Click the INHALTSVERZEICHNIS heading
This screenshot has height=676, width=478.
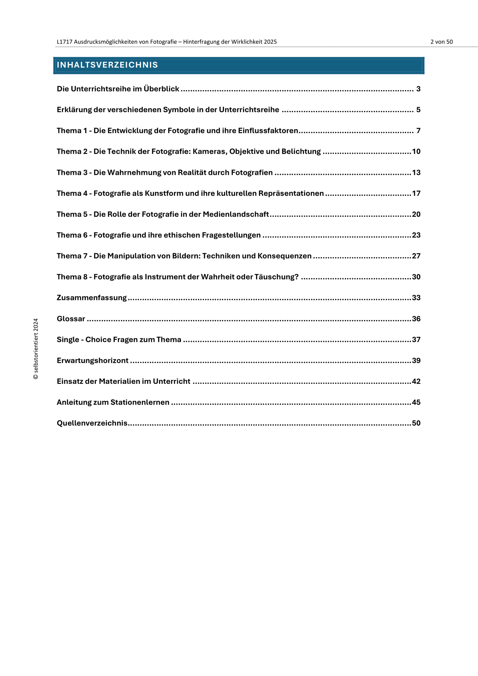(x=107, y=65)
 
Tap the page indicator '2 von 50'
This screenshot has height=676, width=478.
(x=441, y=42)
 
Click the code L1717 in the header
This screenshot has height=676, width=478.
(x=64, y=42)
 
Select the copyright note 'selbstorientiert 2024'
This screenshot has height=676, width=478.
(x=36, y=349)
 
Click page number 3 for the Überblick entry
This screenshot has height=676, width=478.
(x=418, y=89)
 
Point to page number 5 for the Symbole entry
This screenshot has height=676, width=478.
(x=418, y=110)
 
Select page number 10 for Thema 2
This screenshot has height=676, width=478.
(x=416, y=152)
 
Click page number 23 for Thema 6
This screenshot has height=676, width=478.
(x=416, y=235)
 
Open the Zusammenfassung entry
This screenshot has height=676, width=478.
(x=92, y=298)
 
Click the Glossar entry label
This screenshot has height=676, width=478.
(x=71, y=319)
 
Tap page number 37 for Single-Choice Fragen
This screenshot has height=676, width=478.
(x=416, y=340)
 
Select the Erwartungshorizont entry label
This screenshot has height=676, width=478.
(x=92, y=360)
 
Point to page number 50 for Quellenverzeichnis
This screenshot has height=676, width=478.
(x=416, y=423)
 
